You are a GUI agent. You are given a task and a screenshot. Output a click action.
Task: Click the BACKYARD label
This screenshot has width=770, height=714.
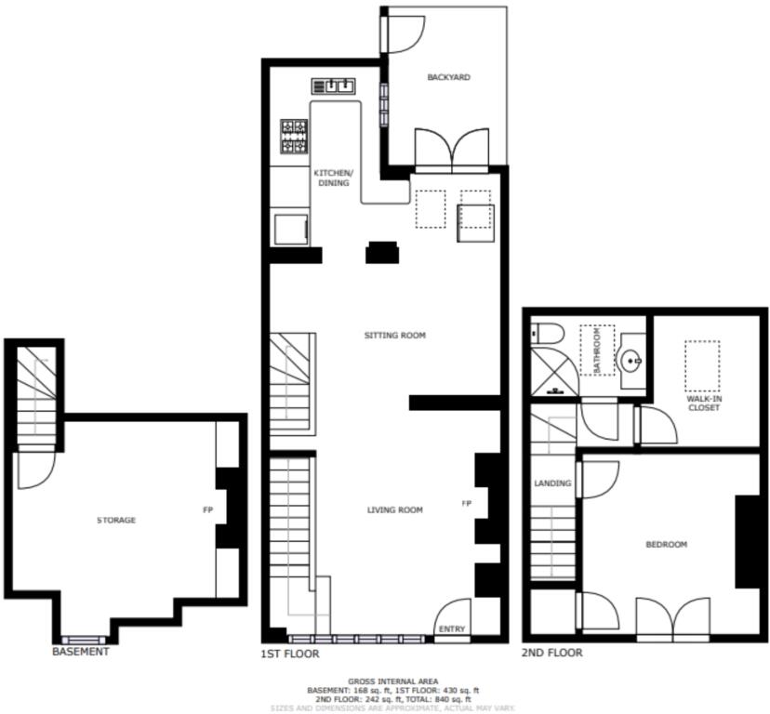point(448,77)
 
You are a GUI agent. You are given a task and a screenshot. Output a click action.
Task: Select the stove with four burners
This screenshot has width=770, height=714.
point(294,136)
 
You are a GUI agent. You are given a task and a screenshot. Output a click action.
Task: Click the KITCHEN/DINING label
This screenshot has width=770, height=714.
point(333,178)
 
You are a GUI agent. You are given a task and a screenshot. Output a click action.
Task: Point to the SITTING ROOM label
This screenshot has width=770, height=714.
point(394,335)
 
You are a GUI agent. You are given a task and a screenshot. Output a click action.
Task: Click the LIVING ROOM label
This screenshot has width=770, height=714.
point(394,509)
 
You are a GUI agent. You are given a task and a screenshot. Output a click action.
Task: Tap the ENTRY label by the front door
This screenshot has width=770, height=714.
point(451,629)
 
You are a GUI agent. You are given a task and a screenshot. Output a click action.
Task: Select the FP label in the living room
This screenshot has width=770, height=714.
point(466,503)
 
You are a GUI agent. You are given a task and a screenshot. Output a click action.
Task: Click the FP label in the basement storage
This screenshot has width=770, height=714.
point(208,509)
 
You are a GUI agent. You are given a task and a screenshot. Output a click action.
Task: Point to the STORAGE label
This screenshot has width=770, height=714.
point(116,520)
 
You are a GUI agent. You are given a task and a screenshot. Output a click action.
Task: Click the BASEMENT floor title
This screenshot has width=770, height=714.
point(80,652)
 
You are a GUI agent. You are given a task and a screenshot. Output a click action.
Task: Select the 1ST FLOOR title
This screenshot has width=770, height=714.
point(289,654)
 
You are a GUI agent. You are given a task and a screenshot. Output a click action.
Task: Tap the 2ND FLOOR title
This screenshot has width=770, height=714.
point(552,653)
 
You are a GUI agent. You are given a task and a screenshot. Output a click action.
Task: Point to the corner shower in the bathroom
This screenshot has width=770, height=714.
point(551,374)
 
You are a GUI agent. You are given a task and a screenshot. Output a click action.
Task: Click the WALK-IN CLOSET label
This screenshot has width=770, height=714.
point(704,402)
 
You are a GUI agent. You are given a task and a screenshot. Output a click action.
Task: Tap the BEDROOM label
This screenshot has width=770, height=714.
point(667,544)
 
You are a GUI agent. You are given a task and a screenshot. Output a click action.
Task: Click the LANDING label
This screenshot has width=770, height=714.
point(551,483)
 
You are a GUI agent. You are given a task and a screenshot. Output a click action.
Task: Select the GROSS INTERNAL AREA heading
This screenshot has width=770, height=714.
point(392,681)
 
